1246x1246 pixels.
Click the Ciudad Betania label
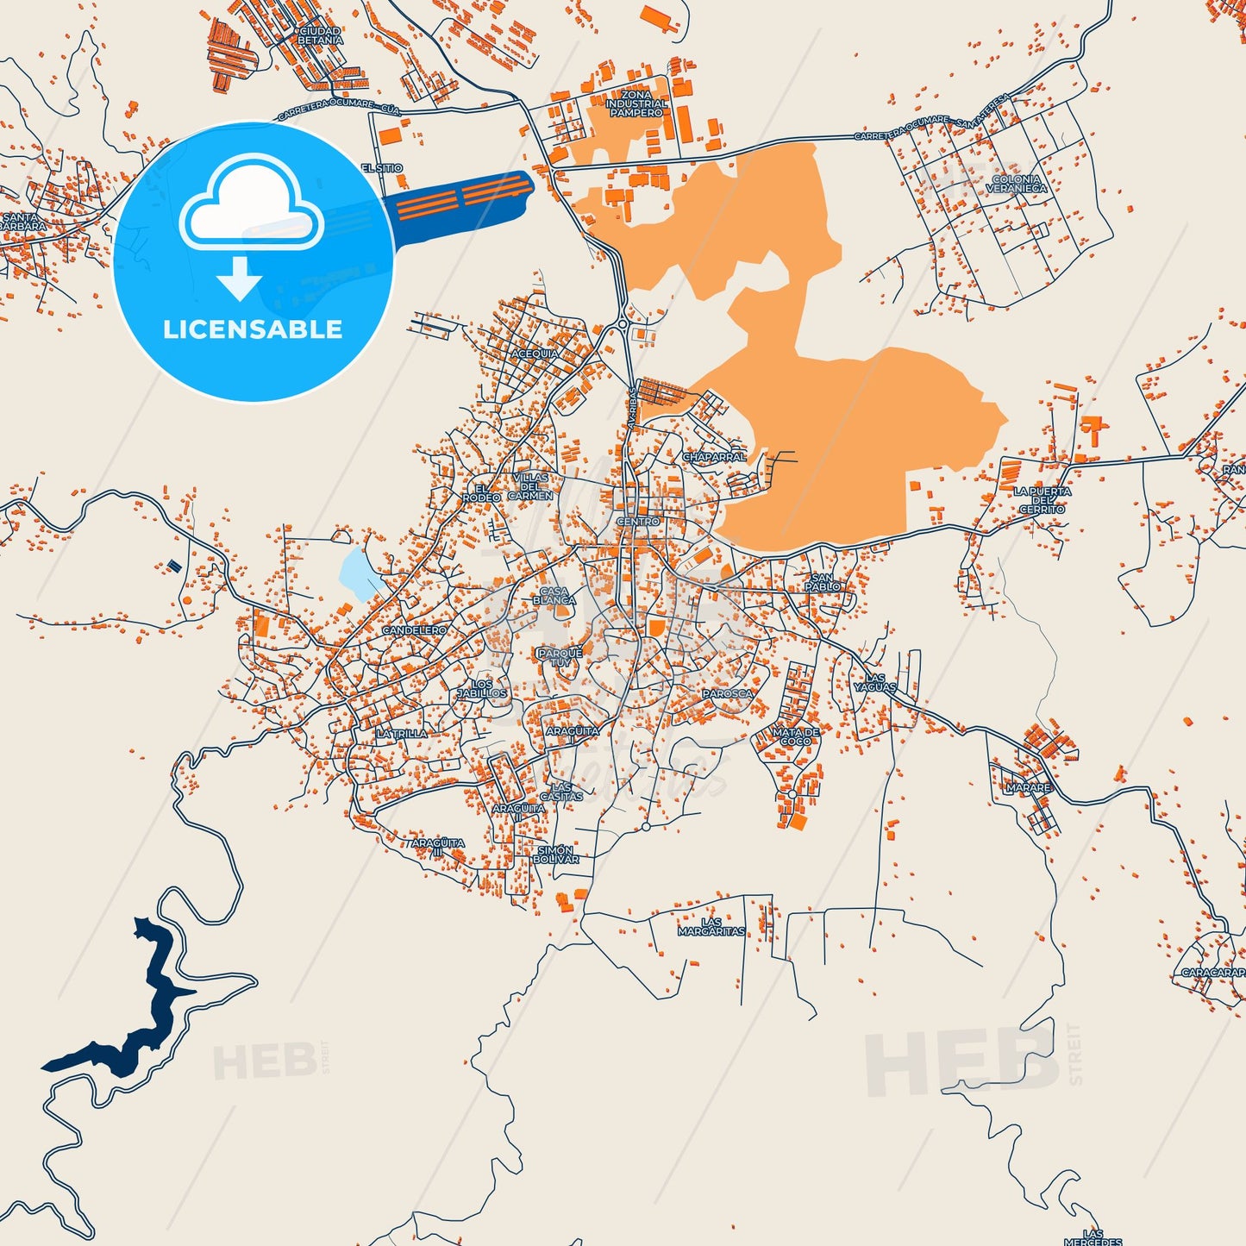pos(320,35)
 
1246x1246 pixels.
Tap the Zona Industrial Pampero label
pos(636,103)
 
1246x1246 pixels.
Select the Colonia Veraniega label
pos(1017,184)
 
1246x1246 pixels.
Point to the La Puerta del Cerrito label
pos(1043,500)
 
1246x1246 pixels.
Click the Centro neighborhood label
pos(638,522)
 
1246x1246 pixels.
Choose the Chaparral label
pos(714,457)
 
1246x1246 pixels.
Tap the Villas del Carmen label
pos(530,486)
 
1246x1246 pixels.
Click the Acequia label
pos(535,354)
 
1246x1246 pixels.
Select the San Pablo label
pos(823,582)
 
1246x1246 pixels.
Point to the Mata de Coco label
pos(796,736)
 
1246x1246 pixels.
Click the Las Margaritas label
pos(711,927)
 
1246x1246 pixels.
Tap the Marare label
pos(1029,787)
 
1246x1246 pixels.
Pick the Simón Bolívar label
pos(556,855)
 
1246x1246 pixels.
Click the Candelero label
pos(415,630)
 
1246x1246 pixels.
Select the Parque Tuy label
pos(560,658)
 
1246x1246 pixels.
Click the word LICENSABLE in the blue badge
pos(253,329)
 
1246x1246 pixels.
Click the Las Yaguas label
pos(875,683)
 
